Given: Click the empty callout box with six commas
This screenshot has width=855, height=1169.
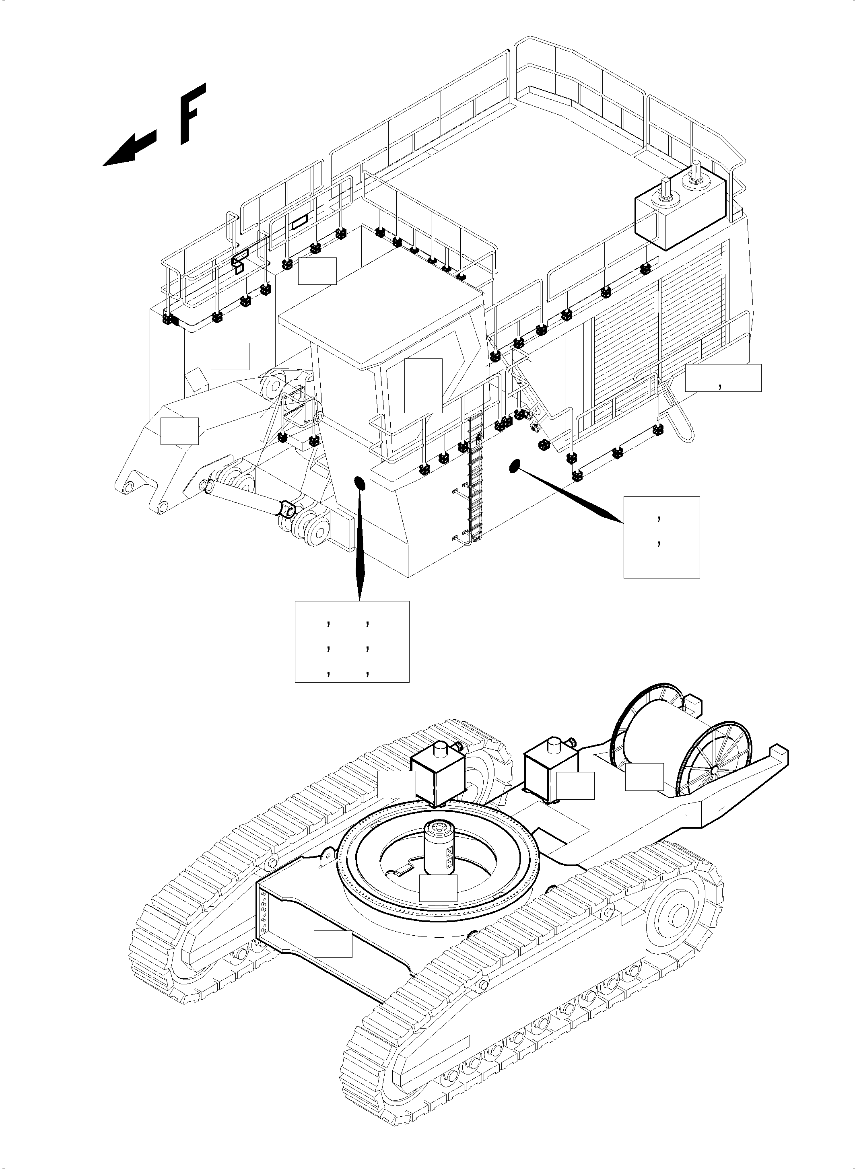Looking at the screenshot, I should coord(352,641).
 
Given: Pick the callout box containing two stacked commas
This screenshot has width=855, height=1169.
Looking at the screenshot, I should coord(661,537).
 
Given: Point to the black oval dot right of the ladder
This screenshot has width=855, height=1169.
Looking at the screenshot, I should coord(514,466).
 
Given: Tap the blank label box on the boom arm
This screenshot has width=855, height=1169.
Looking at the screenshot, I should coord(179,430).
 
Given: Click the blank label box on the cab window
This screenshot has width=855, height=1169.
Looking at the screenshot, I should coord(423,385).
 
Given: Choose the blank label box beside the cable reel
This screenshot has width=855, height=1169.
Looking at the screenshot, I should coord(644,777).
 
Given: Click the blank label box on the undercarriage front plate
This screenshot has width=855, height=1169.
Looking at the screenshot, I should coord(333,943).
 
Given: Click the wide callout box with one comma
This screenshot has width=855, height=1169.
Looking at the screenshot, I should coord(723,377).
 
